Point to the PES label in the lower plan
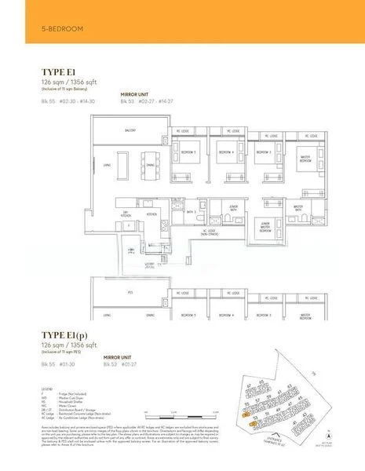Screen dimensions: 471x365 (x=131, y=292)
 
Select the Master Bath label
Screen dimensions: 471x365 (x=298, y=208)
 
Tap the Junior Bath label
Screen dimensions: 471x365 (x=233, y=208)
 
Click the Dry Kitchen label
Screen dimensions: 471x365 (x=125, y=214)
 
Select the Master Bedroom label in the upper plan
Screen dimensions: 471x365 (x=305, y=157)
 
